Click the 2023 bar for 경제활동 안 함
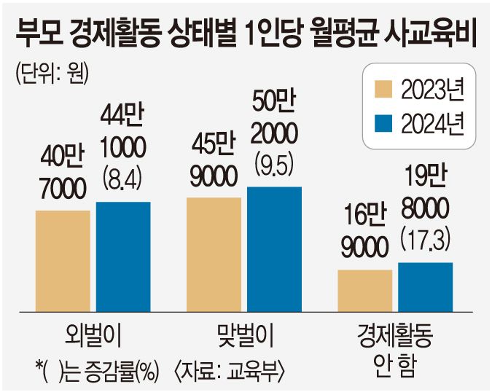click(365, 290)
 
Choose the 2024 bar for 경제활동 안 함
click(425, 286)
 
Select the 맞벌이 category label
click(244, 337)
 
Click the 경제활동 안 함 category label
click(396, 347)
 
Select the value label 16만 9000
click(364, 232)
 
